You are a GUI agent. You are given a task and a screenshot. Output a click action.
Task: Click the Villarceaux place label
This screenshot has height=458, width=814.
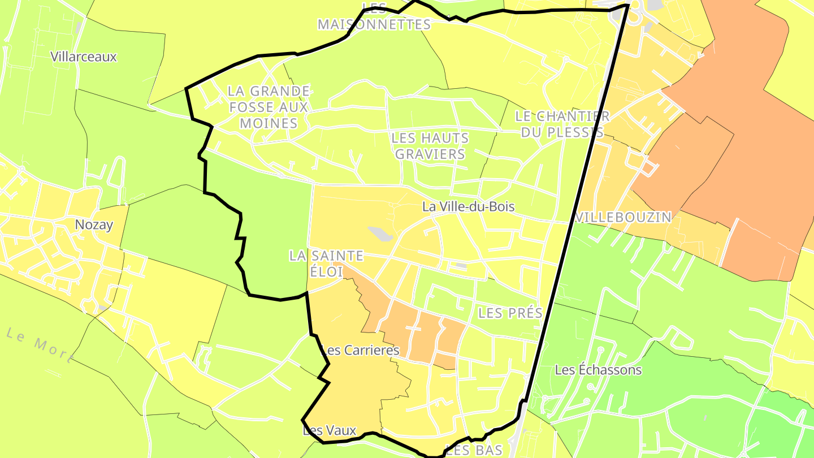[84, 57]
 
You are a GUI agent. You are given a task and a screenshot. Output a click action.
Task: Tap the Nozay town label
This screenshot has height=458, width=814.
[94, 224]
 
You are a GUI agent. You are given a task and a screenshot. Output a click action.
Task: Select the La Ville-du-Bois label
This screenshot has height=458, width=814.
[468, 206]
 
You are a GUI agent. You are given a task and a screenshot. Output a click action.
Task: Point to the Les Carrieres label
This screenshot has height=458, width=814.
[360, 350]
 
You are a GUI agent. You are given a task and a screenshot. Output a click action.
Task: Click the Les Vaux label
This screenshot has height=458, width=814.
[330, 431]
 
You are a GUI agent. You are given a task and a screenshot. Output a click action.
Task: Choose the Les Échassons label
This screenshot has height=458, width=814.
[598, 370]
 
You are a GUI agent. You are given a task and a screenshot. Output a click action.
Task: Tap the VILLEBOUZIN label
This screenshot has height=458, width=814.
[624, 217]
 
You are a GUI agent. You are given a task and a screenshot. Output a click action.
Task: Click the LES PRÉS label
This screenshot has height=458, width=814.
[510, 313]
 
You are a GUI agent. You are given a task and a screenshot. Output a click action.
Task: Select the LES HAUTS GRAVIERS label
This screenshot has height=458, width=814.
[430, 146]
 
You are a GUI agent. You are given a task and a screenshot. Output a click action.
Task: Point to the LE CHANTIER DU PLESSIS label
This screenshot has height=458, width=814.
[562, 124]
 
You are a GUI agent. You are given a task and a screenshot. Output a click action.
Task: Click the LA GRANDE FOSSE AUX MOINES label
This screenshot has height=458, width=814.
[269, 107]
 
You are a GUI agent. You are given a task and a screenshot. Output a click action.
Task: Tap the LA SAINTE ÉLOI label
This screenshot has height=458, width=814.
[326, 263]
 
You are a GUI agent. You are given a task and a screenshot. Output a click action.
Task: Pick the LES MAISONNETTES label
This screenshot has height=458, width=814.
[374, 17]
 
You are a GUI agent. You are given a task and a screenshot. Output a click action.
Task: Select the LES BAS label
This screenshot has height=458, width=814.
[474, 450]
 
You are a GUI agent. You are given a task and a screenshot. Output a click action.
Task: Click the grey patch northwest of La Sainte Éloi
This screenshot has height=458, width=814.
[379, 234]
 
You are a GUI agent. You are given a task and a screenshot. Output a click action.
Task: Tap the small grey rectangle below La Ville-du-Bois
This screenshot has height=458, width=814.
[461, 265]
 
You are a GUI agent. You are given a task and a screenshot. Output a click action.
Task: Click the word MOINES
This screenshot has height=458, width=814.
[269, 123]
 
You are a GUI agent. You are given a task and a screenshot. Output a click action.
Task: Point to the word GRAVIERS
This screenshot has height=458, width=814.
[430, 154]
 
